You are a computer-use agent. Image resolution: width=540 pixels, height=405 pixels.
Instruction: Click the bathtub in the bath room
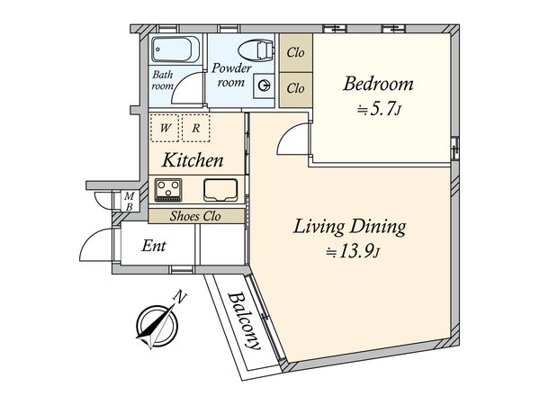(175, 49)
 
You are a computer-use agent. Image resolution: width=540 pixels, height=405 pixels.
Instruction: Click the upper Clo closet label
(295, 53)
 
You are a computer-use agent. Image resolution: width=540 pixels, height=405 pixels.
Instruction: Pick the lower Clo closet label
(295, 88)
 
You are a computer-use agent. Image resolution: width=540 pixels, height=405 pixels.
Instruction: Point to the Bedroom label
(378, 84)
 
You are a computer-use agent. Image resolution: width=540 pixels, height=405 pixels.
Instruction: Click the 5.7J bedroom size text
(379, 110)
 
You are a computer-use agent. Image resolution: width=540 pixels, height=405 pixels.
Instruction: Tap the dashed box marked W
(165, 128)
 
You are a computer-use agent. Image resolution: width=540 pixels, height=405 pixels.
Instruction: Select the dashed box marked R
(195, 128)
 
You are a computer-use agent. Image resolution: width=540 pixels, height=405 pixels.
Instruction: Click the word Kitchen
(193, 160)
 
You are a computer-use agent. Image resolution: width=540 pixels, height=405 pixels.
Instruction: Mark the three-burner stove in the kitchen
(168, 190)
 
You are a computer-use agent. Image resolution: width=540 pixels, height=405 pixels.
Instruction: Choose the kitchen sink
(220, 190)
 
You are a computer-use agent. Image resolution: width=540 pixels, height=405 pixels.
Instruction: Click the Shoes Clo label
(195, 216)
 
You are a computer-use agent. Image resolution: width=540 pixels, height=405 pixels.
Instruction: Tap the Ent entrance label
(154, 246)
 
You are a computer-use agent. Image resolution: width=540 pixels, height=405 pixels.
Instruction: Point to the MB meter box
(129, 201)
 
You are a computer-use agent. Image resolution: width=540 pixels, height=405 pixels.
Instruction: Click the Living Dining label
(349, 228)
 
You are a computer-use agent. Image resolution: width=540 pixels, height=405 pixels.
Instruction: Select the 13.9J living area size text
(353, 252)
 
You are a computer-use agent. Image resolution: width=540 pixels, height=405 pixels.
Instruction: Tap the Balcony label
(244, 320)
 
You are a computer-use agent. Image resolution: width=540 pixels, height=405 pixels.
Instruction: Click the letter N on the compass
(180, 296)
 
